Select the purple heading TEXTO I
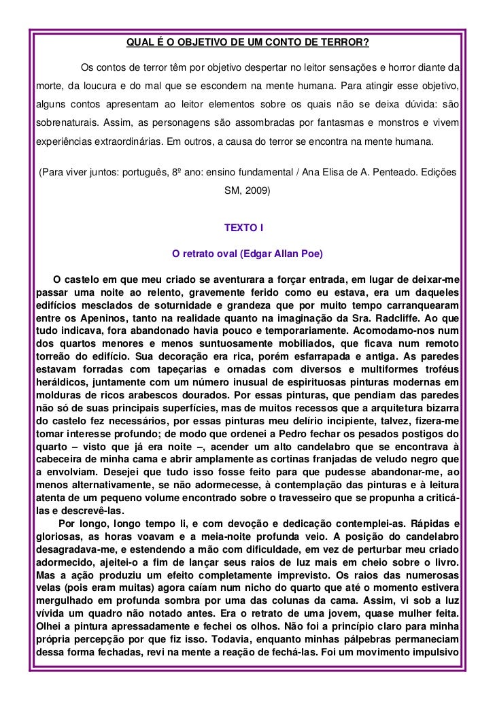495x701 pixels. pyautogui.click(x=247, y=226)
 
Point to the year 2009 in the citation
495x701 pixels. pyautogui.click(x=260, y=191)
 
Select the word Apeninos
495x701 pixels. pyautogui.click(x=79, y=318)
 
